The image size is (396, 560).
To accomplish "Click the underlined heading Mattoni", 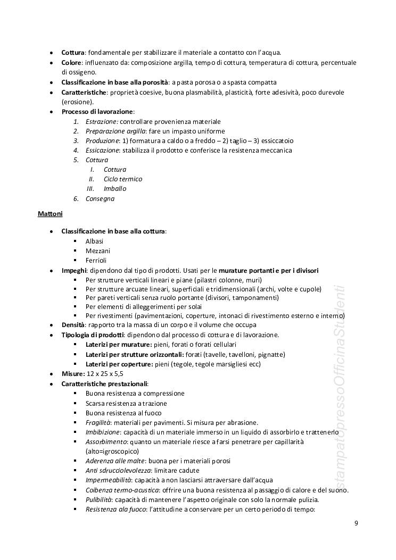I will (50, 214).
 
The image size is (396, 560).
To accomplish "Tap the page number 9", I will (356, 523).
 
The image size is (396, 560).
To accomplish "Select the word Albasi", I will (95, 241).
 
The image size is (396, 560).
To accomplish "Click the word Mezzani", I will (98, 250).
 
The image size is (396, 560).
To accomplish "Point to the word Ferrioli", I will (96, 260).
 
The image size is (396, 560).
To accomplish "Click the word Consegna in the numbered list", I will (100, 199).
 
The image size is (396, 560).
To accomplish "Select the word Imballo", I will (115, 189).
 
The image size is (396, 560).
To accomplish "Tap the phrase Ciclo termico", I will (123, 179).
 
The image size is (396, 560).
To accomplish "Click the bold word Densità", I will (73, 324).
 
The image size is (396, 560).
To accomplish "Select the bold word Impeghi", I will (73, 270).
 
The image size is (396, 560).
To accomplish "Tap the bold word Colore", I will (71, 63).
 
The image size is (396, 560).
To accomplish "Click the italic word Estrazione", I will (102, 122).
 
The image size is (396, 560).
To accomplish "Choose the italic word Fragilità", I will (98, 422).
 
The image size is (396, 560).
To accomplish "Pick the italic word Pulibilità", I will (98, 499).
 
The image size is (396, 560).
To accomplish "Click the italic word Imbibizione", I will (102, 432).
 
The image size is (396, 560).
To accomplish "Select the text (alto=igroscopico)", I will (112, 451).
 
